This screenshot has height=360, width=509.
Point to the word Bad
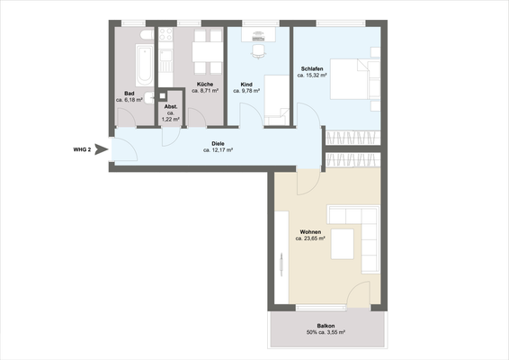pyautogui.click(x=129, y=94)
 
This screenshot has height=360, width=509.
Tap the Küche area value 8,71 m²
pyautogui.click(x=204, y=91)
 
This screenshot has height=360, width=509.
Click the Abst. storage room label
pyautogui.click(x=170, y=106)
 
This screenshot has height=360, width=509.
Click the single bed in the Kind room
pyautogui.click(x=280, y=99)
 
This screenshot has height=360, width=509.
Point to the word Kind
pyautogui.click(x=246, y=84)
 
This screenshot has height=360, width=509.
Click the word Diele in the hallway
pyautogui.click(x=218, y=143)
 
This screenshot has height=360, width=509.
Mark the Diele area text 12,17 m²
pyautogui.click(x=218, y=150)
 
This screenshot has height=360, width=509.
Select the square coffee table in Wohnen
pyautogui.click(x=343, y=244)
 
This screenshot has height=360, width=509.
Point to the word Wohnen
pyautogui.click(x=310, y=232)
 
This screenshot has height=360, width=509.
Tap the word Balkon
pyautogui.click(x=326, y=327)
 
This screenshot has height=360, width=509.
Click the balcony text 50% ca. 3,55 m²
pyautogui.click(x=326, y=335)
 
